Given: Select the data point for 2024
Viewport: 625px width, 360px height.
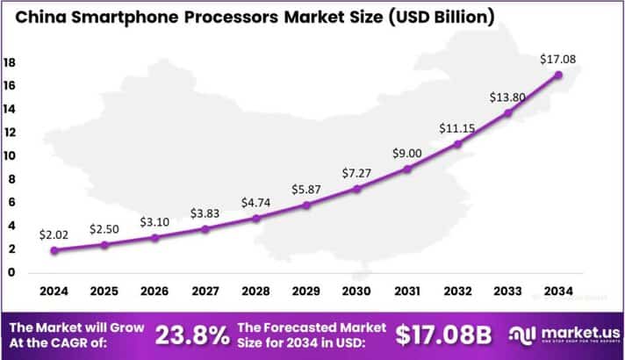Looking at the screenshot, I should click(x=55, y=249).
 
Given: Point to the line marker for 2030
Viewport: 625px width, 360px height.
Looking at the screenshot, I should click(x=356, y=189).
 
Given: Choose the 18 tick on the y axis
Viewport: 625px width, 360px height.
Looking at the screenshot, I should click(x=10, y=63).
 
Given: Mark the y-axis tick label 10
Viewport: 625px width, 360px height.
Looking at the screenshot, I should click(x=10, y=156).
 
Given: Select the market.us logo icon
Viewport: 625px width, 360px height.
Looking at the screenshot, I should click(x=524, y=335).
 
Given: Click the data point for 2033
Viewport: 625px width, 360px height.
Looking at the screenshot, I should click(x=507, y=112).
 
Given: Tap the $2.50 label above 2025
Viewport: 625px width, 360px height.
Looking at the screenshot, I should click(x=105, y=229).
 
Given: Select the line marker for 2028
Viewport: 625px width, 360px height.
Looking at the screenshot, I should click(x=256, y=218).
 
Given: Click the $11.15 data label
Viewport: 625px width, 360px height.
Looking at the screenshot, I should click(x=456, y=129).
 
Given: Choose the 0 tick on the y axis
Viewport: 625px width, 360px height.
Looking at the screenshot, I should click(x=10, y=272).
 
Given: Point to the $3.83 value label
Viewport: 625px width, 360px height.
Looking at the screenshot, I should click(x=206, y=213).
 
